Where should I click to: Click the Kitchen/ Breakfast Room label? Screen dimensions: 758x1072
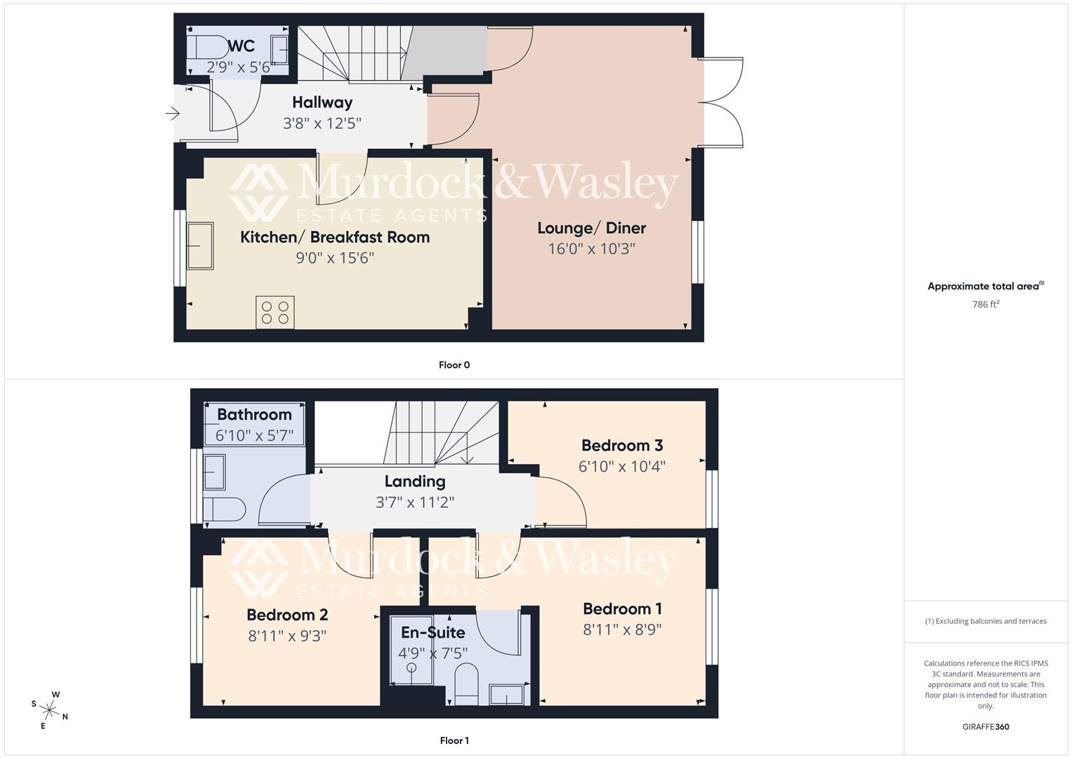[335, 237]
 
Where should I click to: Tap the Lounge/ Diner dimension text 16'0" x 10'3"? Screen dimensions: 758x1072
[591, 249]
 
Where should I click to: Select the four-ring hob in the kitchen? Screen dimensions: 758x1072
[275, 312]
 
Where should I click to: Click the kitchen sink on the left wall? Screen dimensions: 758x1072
[199, 246]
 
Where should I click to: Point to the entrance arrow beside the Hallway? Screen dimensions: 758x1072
[172, 113]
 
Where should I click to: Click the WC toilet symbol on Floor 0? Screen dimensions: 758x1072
[204, 46]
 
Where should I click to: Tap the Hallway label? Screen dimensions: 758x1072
[322, 102]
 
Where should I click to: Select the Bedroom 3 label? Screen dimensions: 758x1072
[622, 446]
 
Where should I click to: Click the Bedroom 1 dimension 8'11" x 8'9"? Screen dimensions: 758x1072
[622, 630]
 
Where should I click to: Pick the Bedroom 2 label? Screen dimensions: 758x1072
[287, 616]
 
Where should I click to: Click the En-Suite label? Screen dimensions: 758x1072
[432, 633]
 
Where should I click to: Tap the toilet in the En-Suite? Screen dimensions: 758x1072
[466, 683]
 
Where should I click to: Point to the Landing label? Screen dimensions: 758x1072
[415, 482]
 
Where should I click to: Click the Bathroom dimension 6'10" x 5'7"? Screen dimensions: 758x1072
[254, 436]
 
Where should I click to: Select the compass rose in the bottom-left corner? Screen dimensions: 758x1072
[49, 710]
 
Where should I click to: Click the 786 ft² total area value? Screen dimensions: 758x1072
[986, 305]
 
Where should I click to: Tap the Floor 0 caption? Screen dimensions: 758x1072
[454, 365]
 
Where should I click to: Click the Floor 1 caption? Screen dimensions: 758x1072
[454, 740]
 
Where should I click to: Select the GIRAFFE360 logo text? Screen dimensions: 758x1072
[986, 727]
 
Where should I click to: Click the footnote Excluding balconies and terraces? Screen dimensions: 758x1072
[986, 621]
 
